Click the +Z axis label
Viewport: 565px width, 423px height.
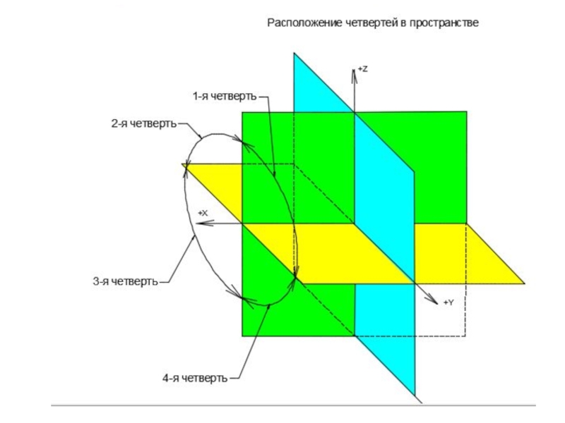(362, 69)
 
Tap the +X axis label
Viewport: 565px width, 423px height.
(203, 212)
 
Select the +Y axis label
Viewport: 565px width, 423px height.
(448, 302)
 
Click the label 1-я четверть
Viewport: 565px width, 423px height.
(222, 95)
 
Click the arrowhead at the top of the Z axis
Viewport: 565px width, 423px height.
(354, 72)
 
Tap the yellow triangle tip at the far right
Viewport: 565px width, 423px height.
(524, 283)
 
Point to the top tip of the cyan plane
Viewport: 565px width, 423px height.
(295, 54)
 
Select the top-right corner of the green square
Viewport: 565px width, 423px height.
(466, 111)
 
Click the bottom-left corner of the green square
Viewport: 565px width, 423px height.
(243, 336)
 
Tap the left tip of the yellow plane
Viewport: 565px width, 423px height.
(182, 164)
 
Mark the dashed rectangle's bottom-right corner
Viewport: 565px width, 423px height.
(465, 336)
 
